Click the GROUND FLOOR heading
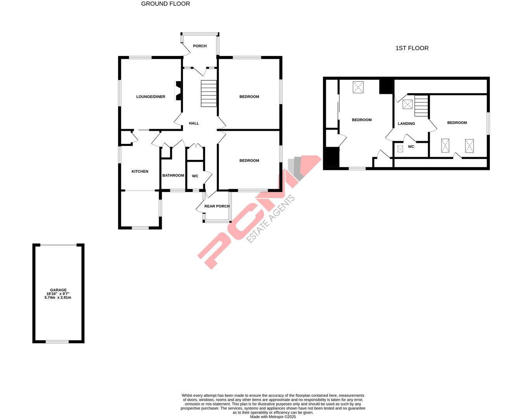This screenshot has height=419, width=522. [x=165, y=4]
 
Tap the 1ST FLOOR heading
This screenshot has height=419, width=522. [x=412, y=48]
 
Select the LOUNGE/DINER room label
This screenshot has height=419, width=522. [x=150, y=97]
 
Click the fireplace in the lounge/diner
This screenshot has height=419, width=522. [x=178, y=91]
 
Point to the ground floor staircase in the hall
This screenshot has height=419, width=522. [x=209, y=93]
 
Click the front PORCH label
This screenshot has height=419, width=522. [x=200, y=46]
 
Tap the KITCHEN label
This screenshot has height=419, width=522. [x=140, y=171]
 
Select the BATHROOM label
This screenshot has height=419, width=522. [x=173, y=175]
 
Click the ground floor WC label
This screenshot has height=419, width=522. [x=195, y=176]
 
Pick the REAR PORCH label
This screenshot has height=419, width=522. [x=217, y=206]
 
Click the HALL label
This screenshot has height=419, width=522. [x=194, y=123]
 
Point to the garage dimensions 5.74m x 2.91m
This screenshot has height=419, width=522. [x=58, y=298]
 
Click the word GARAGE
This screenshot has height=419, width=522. [x=58, y=290]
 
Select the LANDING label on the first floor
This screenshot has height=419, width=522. [x=406, y=124]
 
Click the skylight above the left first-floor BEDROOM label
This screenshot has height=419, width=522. [x=358, y=87]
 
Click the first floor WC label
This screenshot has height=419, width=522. [x=411, y=147]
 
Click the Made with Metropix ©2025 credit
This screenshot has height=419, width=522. [x=273, y=417]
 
